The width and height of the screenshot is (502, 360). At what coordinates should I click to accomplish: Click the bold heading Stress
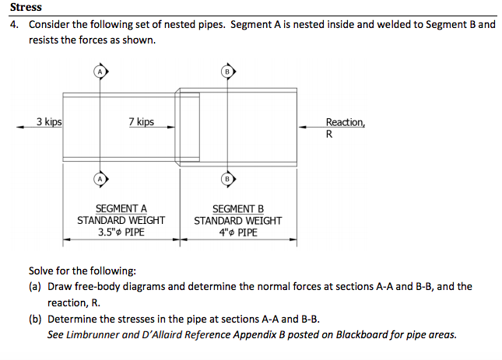[26, 7]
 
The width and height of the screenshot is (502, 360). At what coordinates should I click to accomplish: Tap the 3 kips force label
[49, 121]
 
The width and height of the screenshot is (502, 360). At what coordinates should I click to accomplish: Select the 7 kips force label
[141, 122]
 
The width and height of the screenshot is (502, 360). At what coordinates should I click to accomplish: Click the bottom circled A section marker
[99, 178]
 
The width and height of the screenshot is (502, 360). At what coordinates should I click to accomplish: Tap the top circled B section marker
[227, 72]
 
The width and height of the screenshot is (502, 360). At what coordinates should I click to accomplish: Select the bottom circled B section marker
[227, 178]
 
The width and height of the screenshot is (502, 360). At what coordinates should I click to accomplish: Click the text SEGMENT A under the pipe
[121, 208]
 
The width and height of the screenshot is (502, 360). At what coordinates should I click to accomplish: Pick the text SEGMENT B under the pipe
[237, 208]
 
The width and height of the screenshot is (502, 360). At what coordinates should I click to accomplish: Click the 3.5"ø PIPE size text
[121, 232]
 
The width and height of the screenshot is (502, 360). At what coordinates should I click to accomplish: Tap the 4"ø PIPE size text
[237, 232]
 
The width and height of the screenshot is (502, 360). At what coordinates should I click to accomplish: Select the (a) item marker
[35, 286]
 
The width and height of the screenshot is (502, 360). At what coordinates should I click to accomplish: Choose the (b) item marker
[35, 320]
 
